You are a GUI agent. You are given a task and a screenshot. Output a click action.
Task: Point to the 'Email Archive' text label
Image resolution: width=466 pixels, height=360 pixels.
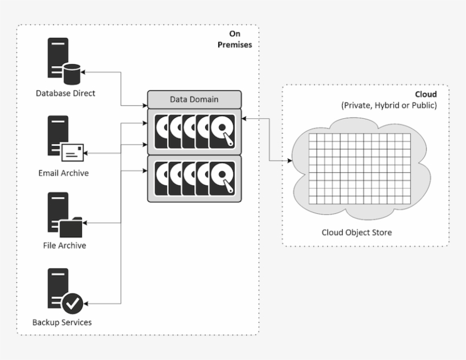pos(63,172)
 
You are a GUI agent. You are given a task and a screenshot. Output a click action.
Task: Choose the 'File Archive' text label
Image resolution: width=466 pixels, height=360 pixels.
pos(64,246)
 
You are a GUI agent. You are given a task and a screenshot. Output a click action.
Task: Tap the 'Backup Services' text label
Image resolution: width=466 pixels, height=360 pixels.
pos(62,322)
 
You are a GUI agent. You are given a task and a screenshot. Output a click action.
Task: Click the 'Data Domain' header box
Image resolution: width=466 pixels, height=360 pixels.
pos(194,100)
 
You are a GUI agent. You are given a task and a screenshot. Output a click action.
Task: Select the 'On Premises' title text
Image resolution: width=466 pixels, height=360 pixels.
pos(235,39)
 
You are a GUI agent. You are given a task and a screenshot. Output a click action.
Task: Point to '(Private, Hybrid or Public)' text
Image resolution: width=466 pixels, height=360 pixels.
pos(389,106)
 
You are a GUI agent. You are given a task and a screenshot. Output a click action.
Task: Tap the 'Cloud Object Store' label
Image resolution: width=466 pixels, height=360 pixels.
pos(356,232)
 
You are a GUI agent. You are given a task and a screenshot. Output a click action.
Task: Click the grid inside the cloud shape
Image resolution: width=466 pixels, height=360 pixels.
pos(358,170)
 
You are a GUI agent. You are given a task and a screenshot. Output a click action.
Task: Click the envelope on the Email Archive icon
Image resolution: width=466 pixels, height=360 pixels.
pos(72,152)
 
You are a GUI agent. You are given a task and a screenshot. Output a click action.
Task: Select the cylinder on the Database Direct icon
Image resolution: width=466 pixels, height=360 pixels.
pos(72,73)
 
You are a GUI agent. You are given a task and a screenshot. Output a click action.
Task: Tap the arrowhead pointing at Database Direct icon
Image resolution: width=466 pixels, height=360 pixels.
pos(84,72)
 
